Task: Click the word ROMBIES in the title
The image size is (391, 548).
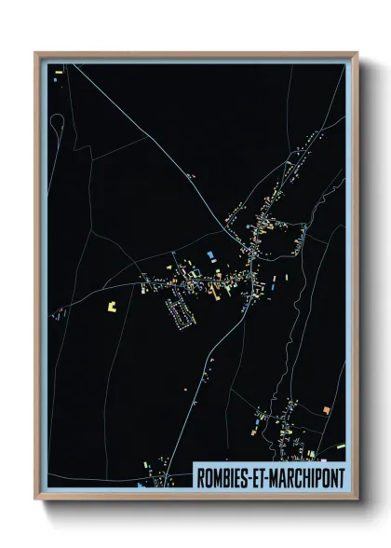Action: click(x=220, y=476)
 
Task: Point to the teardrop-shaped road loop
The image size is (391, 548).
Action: click(x=57, y=121)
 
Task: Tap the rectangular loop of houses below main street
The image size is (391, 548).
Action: click(x=181, y=312)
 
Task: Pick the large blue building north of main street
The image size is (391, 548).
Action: click(x=209, y=253)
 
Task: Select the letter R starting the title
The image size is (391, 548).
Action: click(x=200, y=476)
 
